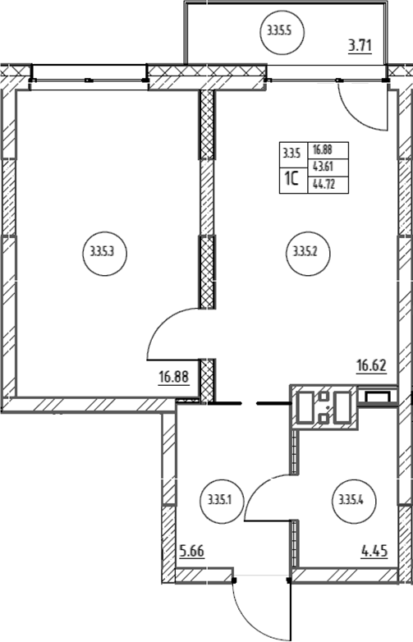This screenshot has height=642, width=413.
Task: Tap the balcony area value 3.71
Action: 360,44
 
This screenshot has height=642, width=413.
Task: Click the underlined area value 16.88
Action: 174,377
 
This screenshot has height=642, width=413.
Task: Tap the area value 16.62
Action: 371,365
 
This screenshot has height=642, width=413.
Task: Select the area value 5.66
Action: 192,551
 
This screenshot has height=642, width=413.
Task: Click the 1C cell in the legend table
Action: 291,179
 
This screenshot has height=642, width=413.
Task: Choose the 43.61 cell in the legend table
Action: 324,167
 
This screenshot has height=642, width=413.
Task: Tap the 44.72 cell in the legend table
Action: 324,185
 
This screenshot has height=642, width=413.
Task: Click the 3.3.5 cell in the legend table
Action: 291,155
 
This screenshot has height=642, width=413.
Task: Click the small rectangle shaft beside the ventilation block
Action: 378,397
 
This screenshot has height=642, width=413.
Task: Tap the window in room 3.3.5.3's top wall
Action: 88,80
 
